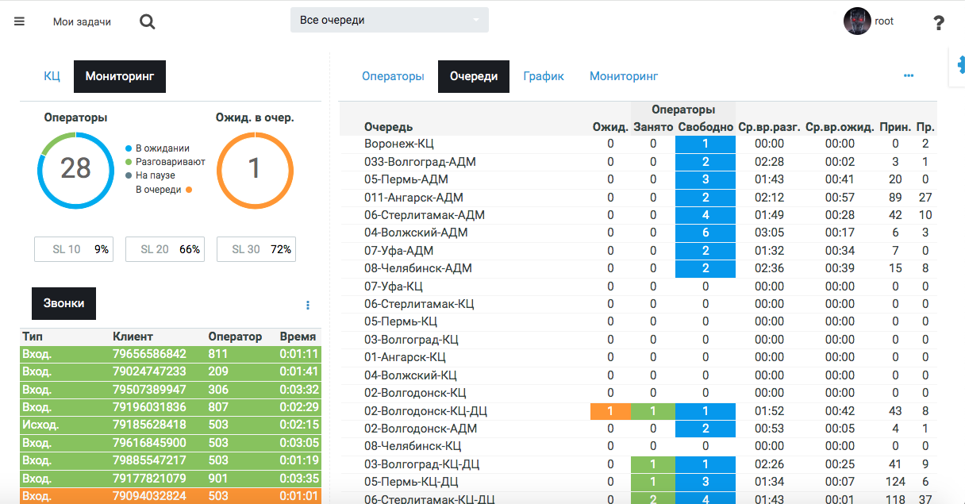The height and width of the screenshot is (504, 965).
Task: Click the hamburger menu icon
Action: click(x=19, y=21)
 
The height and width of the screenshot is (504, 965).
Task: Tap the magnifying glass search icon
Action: click(x=147, y=21)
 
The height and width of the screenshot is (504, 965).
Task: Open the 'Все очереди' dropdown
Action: click(x=389, y=20)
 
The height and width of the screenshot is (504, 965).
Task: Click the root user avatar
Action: click(x=857, y=21)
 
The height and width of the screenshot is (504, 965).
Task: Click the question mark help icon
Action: click(x=939, y=22)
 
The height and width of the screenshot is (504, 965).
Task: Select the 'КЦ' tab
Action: click(x=52, y=77)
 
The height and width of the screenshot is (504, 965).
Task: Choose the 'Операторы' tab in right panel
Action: click(x=393, y=76)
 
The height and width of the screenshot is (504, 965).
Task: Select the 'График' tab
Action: click(x=544, y=76)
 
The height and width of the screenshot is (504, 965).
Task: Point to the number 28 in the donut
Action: click(x=75, y=168)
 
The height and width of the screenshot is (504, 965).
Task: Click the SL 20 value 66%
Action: click(x=190, y=249)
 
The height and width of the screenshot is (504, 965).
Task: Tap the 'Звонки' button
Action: click(x=63, y=303)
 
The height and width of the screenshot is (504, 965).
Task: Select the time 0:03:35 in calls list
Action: click(x=299, y=479)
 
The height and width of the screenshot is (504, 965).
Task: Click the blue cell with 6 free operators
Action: click(x=705, y=233)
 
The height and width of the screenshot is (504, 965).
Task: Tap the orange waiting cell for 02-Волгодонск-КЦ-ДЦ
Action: click(x=610, y=411)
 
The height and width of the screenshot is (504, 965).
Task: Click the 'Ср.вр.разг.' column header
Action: click(x=769, y=127)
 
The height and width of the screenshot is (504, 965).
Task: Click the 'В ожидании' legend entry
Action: click(x=162, y=148)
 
